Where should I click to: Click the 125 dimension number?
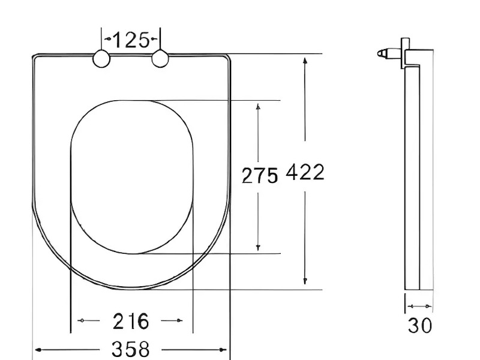click(x=131, y=40)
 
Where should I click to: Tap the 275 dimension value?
click(x=260, y=175)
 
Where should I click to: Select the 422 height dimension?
click(x=305, y=172)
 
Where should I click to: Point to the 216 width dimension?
click(x=131, y=321)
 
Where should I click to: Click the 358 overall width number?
click(x=131, y=349)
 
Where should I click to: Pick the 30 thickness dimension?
click(x=419, y=325)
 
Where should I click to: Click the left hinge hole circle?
click(x=101, y=58)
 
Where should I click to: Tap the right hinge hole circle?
click(x=160, y=58)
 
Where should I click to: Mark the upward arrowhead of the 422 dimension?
click(x=305, y=61)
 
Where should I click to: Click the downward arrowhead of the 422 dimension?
click(x=305, y=281)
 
